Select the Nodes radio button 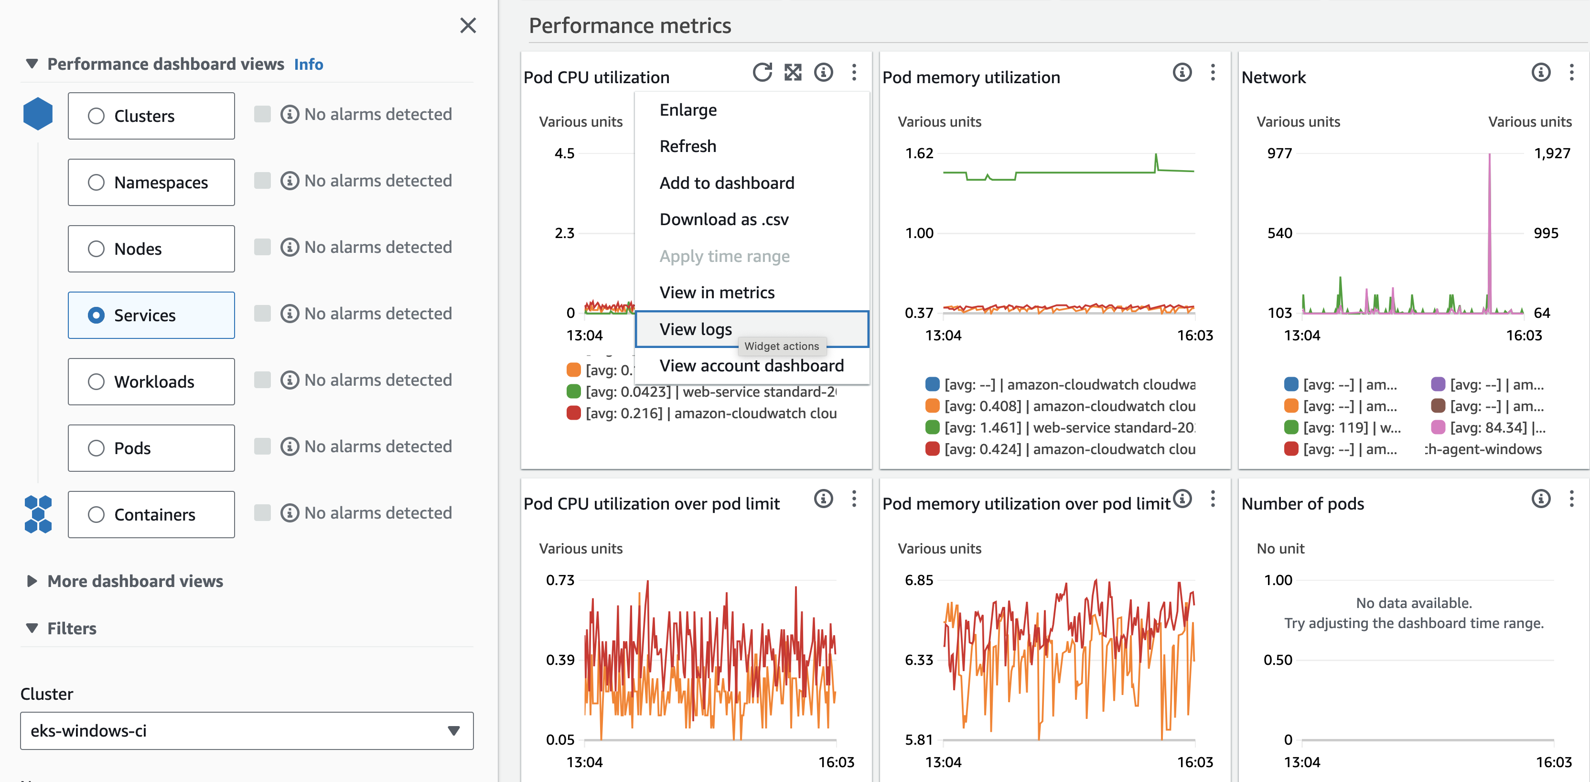point(97,249)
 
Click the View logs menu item point(696,329)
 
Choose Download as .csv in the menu point(723,220)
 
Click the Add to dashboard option point(727,184)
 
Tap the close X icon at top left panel point(468,25)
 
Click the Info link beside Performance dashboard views point(308,64)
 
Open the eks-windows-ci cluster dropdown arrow point(454,731)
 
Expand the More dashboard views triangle point(32,581)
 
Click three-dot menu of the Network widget point(1571,73)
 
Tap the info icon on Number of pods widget point(1541,499)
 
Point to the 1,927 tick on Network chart point(1552,153)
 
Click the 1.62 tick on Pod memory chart point(919,153)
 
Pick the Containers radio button point(97,514)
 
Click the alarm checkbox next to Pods point(262,446)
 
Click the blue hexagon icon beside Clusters point(38,114)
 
